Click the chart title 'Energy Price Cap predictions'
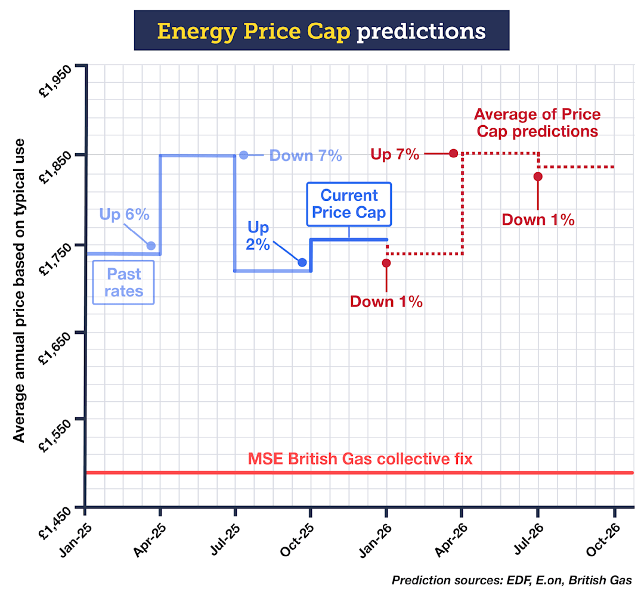pos(321,30)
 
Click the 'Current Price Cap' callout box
pos(349,204)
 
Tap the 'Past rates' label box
pos(124,283)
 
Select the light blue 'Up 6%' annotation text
pos(124,215)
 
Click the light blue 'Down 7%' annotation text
pos(305,156)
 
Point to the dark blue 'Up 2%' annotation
pos(258,236)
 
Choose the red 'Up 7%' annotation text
pos(395,154)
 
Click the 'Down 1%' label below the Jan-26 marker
pos(386,302)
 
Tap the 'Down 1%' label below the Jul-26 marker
pos(538,219)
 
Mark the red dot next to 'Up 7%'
pos(453,153)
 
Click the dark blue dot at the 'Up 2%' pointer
pos(302,262)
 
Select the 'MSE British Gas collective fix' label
pos(360,460)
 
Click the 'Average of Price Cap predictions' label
pos(536,122)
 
